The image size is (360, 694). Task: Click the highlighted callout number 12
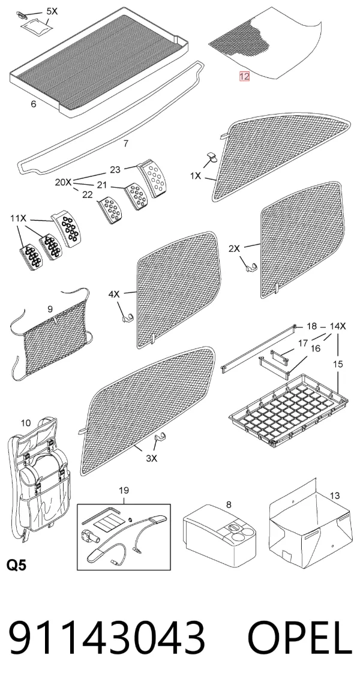[244, 76]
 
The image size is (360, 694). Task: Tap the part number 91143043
[107, 638]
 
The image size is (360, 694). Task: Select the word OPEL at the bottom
[300, 638]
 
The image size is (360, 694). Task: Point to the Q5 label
[16, 565]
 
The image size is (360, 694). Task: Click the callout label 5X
[52, 11]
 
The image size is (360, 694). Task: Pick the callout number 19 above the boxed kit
[124, 491]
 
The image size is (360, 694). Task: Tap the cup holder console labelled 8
[220, 535]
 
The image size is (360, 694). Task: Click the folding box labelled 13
[310, 524]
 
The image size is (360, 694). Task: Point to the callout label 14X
[338, 326]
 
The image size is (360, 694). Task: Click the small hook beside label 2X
[250, 267]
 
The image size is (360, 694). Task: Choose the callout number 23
[115, 170]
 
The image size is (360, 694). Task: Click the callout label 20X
[63, 182]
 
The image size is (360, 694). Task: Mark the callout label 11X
[18, 218]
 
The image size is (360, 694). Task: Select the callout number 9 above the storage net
[50, 309]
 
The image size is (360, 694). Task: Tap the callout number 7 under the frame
[126, 143]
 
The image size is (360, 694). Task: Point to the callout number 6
[33, 104]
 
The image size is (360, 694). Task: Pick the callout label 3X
[151, 458]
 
